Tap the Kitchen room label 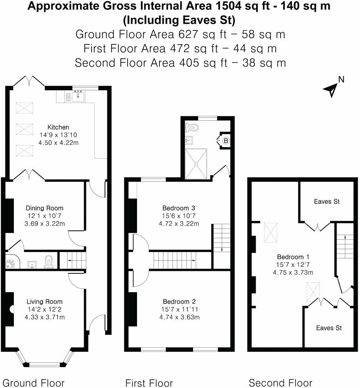58,127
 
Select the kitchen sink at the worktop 78,95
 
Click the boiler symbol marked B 226,140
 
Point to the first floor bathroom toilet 193,127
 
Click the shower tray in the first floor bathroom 196,163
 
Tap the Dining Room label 45,208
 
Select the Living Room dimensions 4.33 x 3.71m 45,317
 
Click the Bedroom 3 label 179,208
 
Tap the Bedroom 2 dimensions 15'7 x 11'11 179,310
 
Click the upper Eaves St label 327,201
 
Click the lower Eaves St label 329,328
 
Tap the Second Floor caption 280,382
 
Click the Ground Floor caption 34,382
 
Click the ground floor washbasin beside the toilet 32,264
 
